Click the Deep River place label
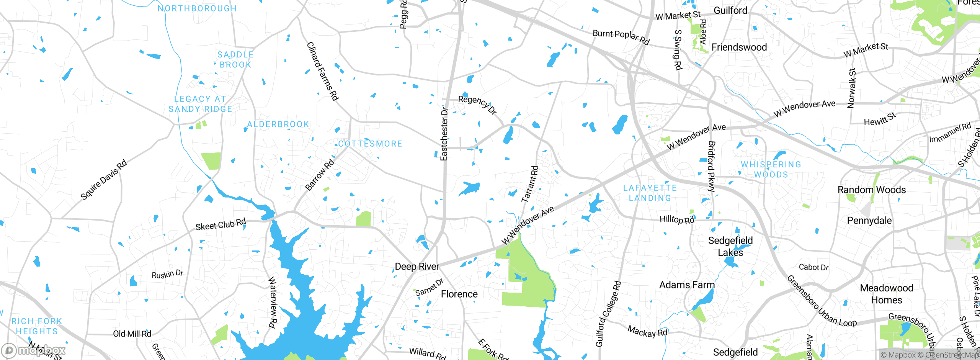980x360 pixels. pyautogui.click(x=416, y=267)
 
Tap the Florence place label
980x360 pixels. pyautogui.click(x=459, y=294)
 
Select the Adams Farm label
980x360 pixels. pyautogui.click(x=687, y=285)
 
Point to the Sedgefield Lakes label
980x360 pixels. pyautogui.click(x=730, y=246)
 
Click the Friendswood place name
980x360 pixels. pyautogui.click(x=739, y=47)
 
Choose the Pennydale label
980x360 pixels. pyautogui.click(x=869, y=221)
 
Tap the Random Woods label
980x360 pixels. pyautogui.click(x=871, y=190)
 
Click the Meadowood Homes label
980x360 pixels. pyautogui.click(x=886, y=294)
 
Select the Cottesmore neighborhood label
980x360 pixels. pyautogui.click(x=370, y=144)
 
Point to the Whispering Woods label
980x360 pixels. pyautogui.click(x=771, y=169)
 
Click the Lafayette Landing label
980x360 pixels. pyautogui.click(x=650, y=193)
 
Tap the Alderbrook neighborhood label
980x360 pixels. pyautogui.click(x=278, y=124)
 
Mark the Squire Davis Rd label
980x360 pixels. pyautogui.click(x=103, y=180)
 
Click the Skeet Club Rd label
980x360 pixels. pyautogui.click(x=220, y=224)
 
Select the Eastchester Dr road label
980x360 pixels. pyautogui.click(x=444, y=134)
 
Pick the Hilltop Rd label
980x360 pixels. pyautogui.click(x=676, y=219)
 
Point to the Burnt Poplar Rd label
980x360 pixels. pyautogui.click(x=621, y=37)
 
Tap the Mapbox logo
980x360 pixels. pyautogui.click(x=34, y=350)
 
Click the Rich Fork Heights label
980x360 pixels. pyautogui.click(x=37, y=326)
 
